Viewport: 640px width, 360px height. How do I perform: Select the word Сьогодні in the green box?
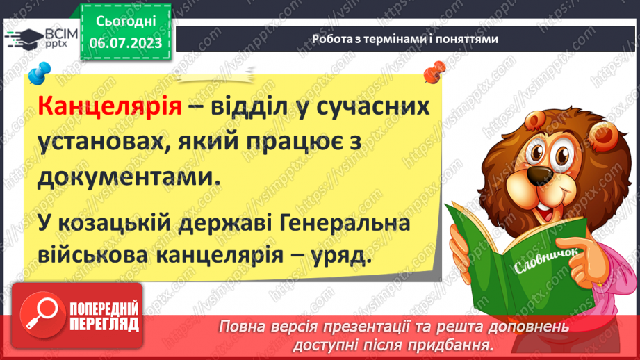click(x=125, y=22)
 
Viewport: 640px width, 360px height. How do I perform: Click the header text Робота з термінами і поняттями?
click(x=404, y=40)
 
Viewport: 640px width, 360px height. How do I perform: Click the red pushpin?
click(x=435, y=70)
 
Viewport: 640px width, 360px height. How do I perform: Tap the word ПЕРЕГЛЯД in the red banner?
click(x=104, y=325)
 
